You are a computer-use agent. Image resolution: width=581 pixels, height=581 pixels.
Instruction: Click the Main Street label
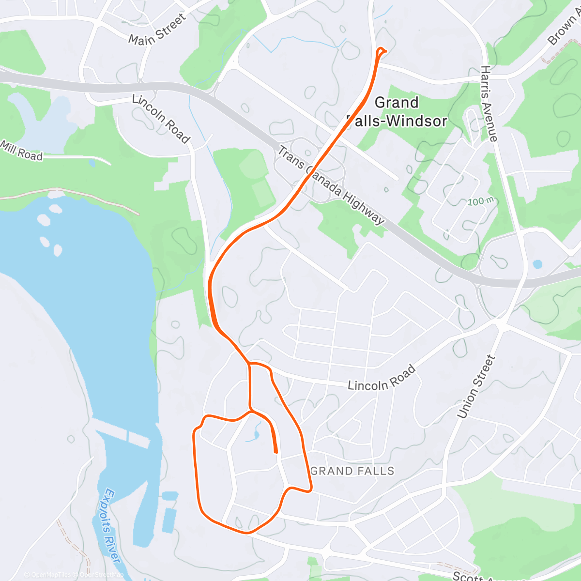click(157, 30)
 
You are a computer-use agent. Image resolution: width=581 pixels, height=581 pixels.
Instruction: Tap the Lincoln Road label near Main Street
click(161, 119)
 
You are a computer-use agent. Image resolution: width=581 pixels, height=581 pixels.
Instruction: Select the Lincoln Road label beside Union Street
click(382, 378)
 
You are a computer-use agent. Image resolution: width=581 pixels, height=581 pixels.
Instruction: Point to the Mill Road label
click(21, 151)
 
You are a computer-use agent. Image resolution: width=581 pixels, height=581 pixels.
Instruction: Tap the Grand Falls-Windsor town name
click(397, 112)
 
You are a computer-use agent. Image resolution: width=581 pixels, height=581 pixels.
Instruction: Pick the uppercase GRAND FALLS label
click(353, 471)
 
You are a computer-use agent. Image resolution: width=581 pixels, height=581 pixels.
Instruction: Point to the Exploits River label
click(112, 525)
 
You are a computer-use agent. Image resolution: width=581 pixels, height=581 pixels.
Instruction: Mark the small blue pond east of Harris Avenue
click(537, 264)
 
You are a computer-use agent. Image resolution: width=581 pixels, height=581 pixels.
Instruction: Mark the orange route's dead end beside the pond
click(275, 452)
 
